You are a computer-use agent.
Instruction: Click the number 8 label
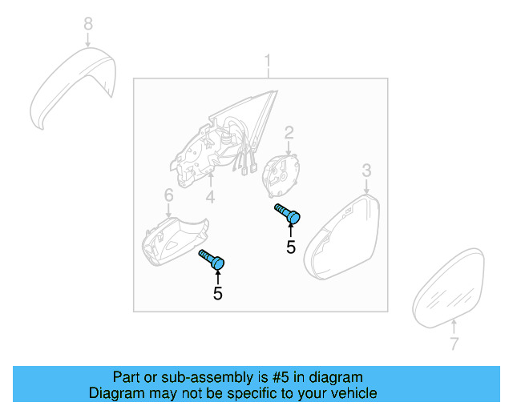tap(88, 24)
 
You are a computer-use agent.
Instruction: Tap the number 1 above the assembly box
tap(269, 61)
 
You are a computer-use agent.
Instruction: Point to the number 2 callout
tap(289, 132)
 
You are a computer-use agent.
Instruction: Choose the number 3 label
tap(366, 170)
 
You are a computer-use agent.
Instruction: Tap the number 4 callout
tap(210, 196)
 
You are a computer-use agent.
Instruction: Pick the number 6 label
tap(168, 195)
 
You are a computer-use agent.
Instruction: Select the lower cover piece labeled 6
tap(173, 238)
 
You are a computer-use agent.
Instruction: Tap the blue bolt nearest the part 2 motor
tap(288, 214)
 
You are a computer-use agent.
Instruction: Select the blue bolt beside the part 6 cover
tap(212, 259)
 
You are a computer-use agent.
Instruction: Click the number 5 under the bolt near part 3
tap(291, 247)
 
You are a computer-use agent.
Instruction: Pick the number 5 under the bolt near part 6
tap(217, 294)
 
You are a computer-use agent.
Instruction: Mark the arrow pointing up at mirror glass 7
tap(454, 327)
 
